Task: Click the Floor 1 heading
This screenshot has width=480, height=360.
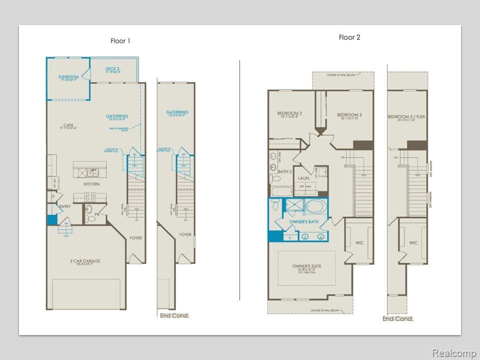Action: click(120, 41)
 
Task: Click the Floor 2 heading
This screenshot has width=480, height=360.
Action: click(349, 37)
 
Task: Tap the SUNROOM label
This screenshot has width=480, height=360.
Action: click(68, 77)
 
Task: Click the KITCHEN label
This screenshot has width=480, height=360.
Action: click(91, 184)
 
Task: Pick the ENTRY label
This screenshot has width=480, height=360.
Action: click(64, 206)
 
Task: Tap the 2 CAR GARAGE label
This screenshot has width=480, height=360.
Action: click(85, 261)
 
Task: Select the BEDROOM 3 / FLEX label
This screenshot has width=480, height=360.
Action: click(406, 117)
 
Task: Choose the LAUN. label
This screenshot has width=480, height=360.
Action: click(304, 178)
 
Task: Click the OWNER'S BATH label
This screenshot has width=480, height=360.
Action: click(303, 221)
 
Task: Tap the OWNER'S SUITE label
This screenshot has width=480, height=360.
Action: click(306, 266)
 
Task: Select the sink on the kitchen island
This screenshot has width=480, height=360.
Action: click(92, 173)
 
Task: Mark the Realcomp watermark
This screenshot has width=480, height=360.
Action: click(453, 353)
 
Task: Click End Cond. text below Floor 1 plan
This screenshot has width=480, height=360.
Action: click(174, 315)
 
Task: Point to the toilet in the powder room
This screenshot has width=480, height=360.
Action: click(90, 218)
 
